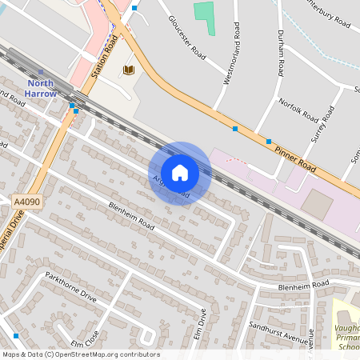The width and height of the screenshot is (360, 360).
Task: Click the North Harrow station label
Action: pos(42,88)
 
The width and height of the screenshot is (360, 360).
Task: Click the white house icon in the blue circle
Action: pos(180,173)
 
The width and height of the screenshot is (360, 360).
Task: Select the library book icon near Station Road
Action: pos(128,70)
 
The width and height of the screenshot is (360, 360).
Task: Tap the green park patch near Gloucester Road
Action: pos(206,17)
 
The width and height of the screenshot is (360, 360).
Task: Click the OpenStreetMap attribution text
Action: pos(81,354)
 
